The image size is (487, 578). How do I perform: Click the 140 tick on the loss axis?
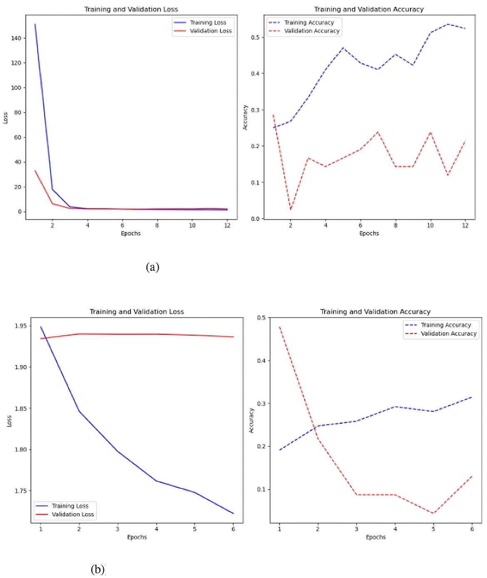click(16, 38)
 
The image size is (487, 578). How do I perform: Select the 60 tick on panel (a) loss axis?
click(18, 137)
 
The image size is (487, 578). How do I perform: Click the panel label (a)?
click(152, 267)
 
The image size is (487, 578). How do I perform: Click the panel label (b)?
click(97, 569)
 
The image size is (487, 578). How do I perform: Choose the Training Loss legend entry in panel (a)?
click(208, 22)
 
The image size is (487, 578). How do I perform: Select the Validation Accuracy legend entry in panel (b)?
click(448, 333)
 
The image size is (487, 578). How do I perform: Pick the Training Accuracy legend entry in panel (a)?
click(309, 22)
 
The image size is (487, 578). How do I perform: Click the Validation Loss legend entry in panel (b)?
click(73, 514)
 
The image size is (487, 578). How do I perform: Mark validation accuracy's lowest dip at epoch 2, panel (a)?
click(291, 209)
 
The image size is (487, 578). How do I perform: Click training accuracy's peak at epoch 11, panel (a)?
click(448, 24)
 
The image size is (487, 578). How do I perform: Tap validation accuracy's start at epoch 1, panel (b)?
click(279, 327)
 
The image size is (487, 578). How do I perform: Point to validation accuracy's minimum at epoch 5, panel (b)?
click(433, 514)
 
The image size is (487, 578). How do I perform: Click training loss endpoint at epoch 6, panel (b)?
click(233, 514)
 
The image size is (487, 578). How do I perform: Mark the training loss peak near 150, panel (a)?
click(35, 24)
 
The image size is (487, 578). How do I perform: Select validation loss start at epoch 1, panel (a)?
click(35, 171)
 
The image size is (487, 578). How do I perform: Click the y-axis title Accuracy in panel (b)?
click(251, 420)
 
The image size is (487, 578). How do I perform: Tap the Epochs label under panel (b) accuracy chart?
click(375, 537)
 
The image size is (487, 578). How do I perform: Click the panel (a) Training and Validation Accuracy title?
click(369, 9)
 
